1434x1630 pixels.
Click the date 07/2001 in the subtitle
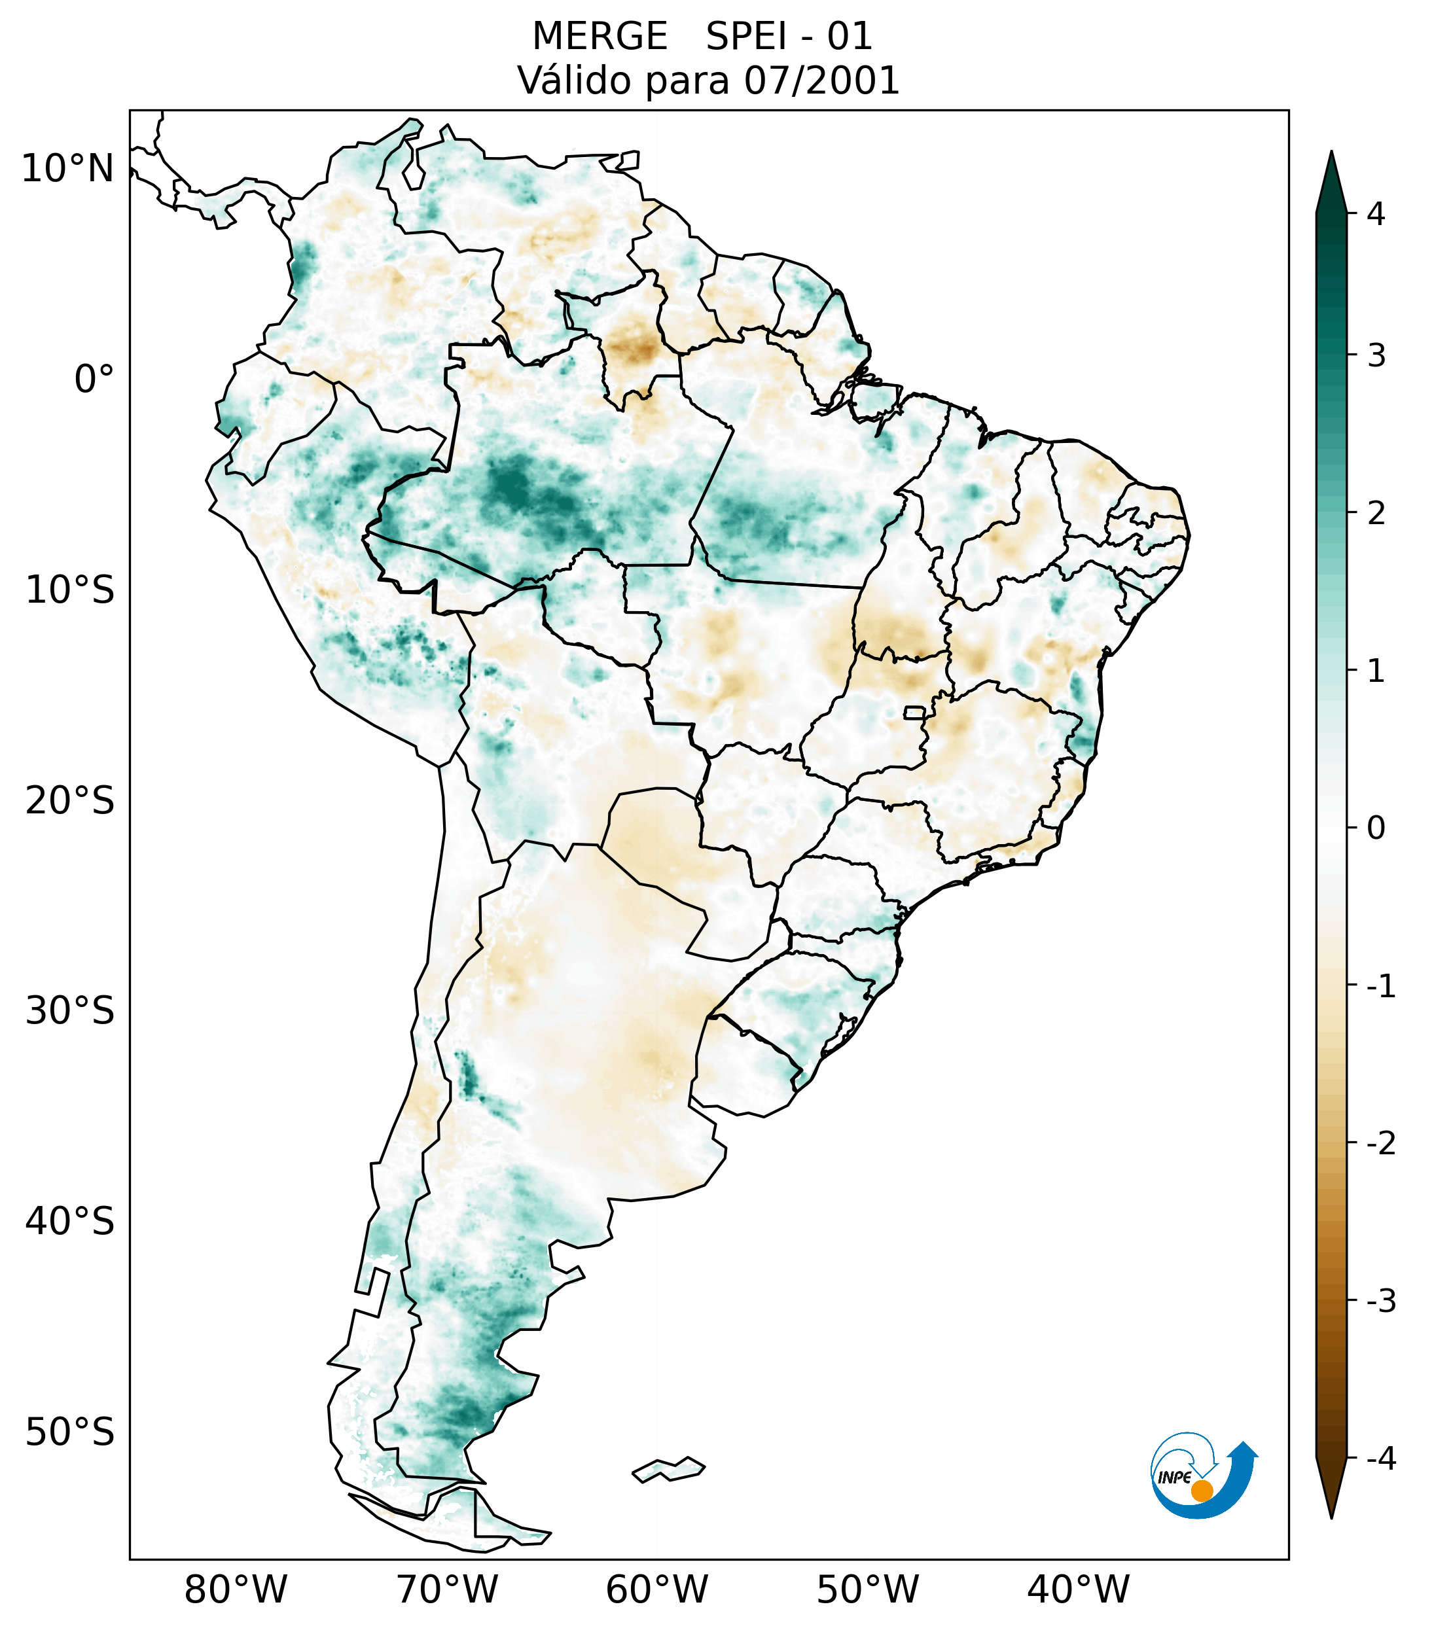821,80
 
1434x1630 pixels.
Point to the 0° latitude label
94,380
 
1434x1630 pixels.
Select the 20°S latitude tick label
70,801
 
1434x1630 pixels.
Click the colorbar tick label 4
1376,214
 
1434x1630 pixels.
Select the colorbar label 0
1376,828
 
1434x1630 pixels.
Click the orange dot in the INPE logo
1201,1491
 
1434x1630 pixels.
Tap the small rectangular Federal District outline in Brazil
914,711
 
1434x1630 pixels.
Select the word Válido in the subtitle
573,80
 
